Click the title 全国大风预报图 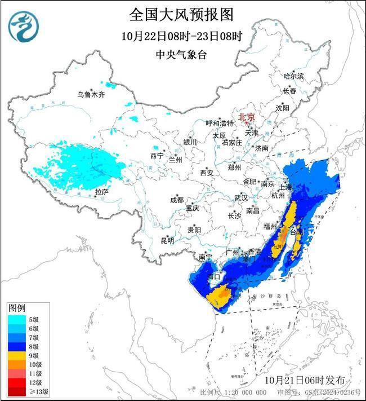pos(181,14)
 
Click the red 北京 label pos(247,117)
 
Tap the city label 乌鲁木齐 pos(91,95)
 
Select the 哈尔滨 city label pos(293,76)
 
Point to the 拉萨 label pos(101,192)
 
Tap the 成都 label pos(176,200)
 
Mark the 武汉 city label pos(241,198)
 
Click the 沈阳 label pos(283,107)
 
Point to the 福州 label pos(270,226)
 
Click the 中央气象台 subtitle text pos(181,55)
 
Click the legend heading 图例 pos(16,309)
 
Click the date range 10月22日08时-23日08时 pos(181,36)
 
